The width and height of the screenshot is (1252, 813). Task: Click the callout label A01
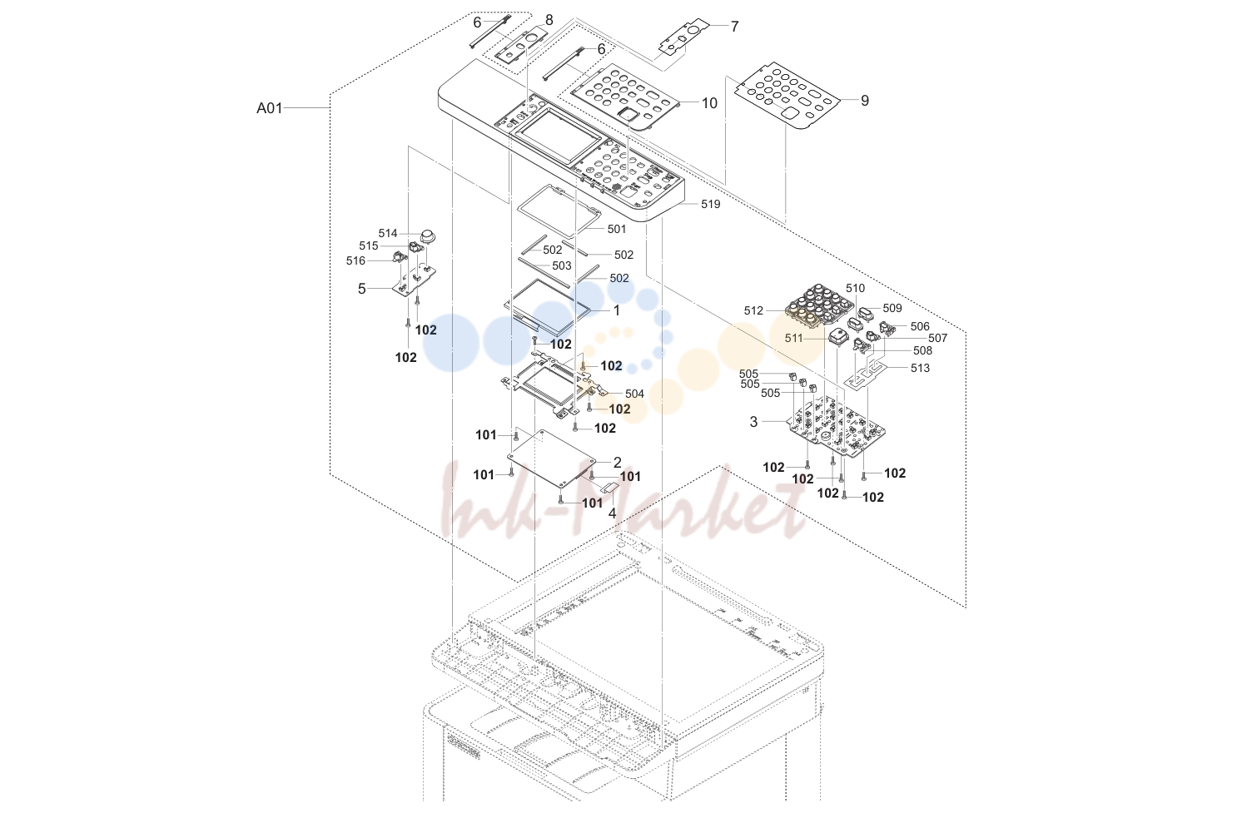pos(270,108)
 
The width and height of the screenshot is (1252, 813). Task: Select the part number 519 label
pos(710,204)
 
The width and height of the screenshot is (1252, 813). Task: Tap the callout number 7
pos(734,27)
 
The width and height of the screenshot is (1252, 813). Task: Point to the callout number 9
pos(865,101)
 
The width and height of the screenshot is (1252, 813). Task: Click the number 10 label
pos(709,103)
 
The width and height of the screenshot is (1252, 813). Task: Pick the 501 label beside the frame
pos(617,229)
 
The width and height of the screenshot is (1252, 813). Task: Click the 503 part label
pos(562,265)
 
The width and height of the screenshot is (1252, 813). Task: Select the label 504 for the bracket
pos(634,394)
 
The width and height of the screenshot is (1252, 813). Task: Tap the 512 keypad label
pos(753,310)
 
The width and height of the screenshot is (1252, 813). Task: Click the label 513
pos(920,368)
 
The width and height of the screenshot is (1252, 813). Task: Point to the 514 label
pos(388,233)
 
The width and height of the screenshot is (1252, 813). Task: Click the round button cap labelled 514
pos(428,236)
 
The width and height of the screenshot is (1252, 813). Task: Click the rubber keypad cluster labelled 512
pos(821,307)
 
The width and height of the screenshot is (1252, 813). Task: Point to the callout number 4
pos(612,513)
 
